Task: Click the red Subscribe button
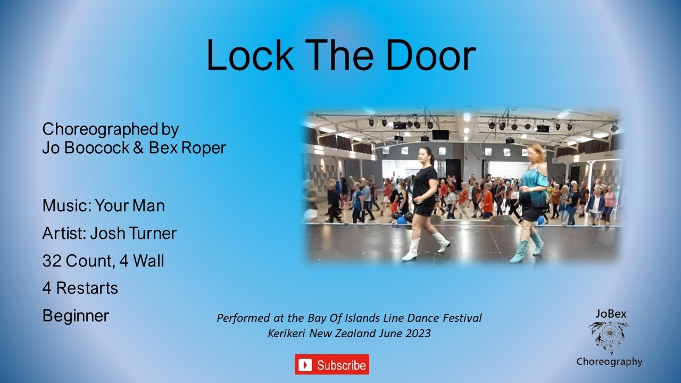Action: [331, 364]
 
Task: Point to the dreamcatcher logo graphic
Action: [609, 337]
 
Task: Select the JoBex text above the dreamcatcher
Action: [611, 314]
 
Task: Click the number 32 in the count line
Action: [52, 261]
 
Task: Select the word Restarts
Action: [87, 288]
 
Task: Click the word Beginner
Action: [76, 316]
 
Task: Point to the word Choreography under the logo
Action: [609, 362]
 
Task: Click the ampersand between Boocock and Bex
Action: [138, 148]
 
